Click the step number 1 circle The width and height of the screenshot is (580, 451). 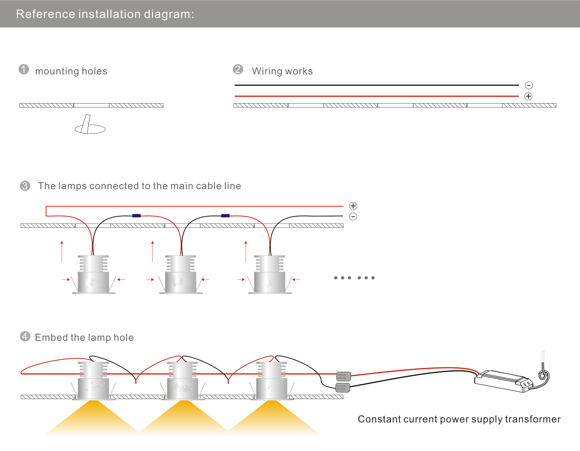[24, 69]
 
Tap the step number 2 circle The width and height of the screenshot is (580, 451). [238, 69]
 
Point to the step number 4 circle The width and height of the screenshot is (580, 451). [25, 336]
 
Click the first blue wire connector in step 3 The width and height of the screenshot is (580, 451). [137, 216]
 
